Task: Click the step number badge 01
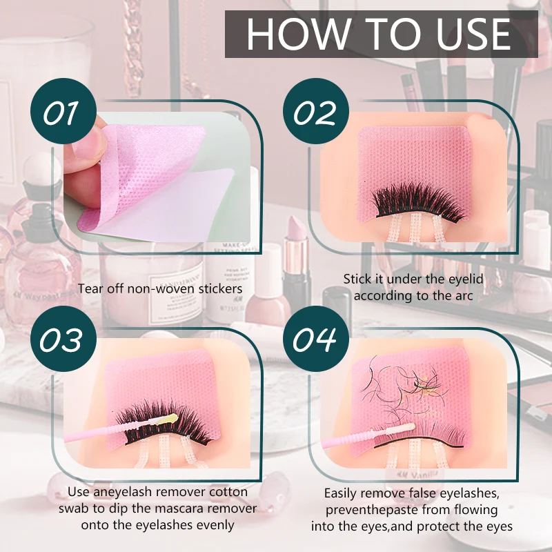[x=61, y=113]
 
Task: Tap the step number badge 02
[x=315, y=113]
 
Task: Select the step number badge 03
[x=61, y=339]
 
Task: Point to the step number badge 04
[x=315, y=339]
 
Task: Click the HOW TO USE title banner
[x=381, y=34]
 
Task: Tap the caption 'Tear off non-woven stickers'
[x=160, y=288]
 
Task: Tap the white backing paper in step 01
[x=166, y=207]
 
